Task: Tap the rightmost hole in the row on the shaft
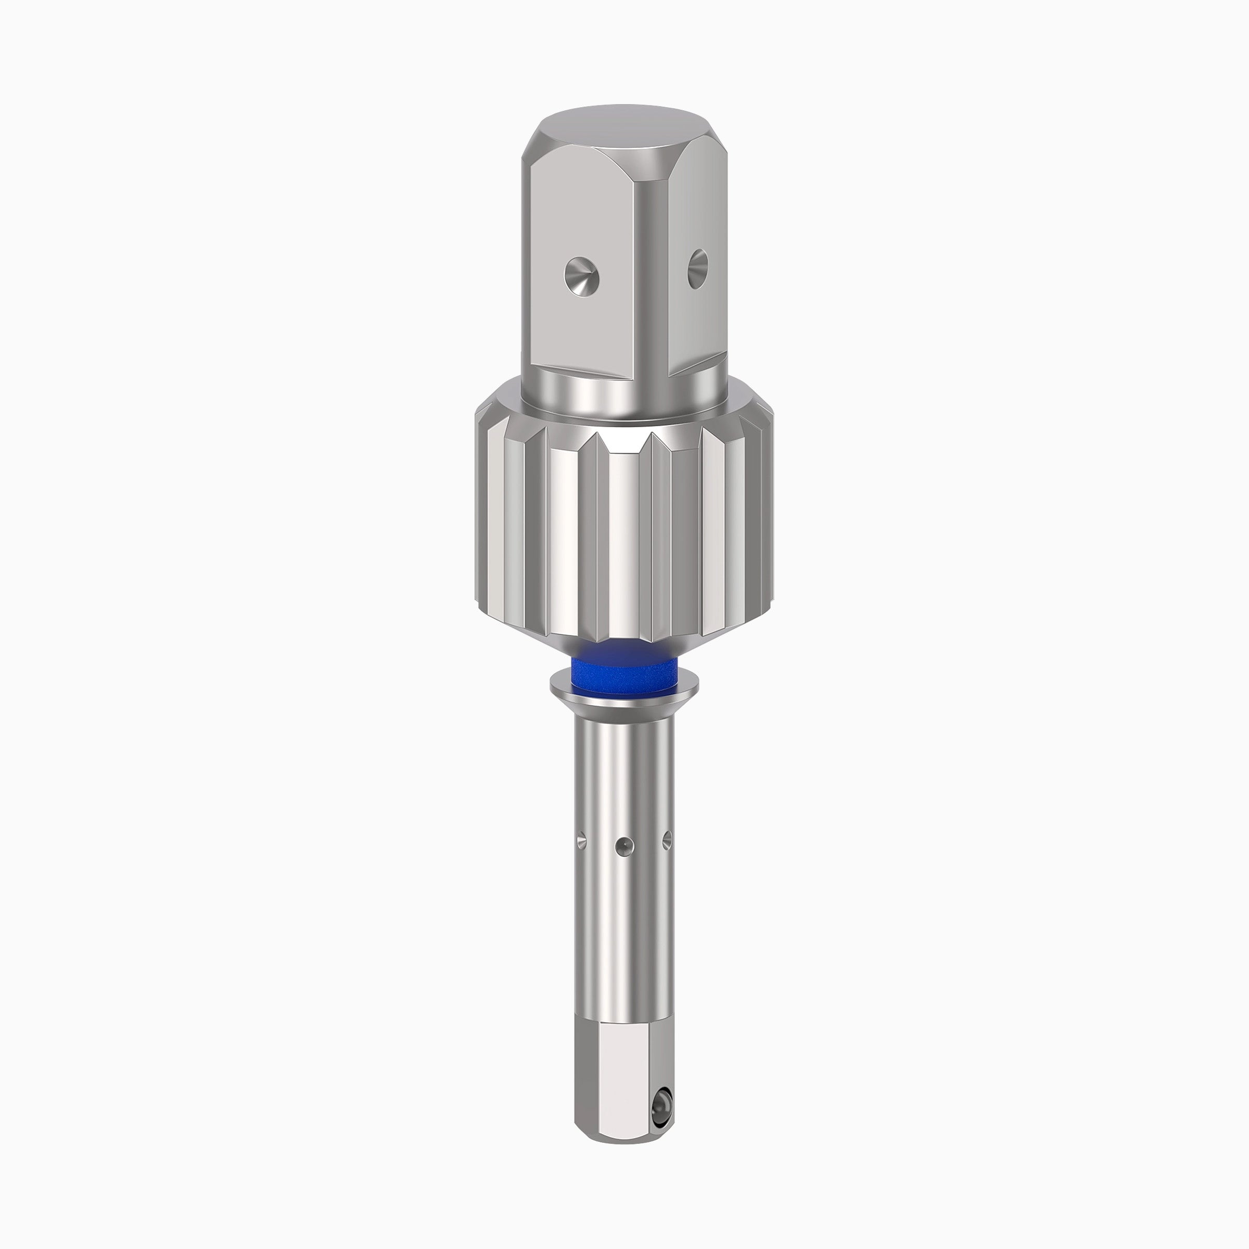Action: point(667,840)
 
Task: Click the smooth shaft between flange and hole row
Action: point(624,769)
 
